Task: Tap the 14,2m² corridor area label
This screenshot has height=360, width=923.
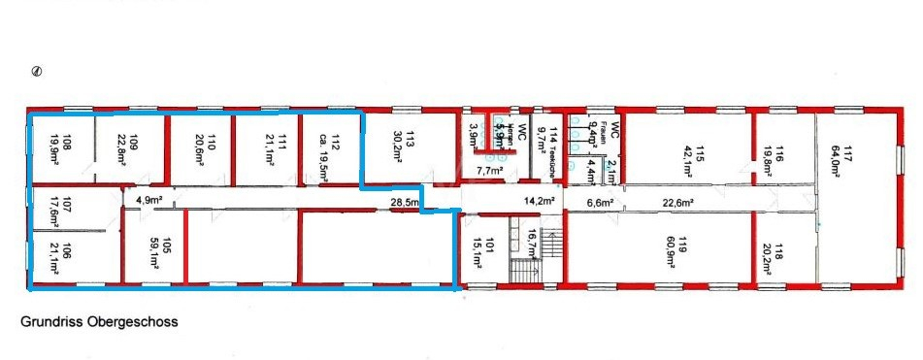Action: tap(539, 201)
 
